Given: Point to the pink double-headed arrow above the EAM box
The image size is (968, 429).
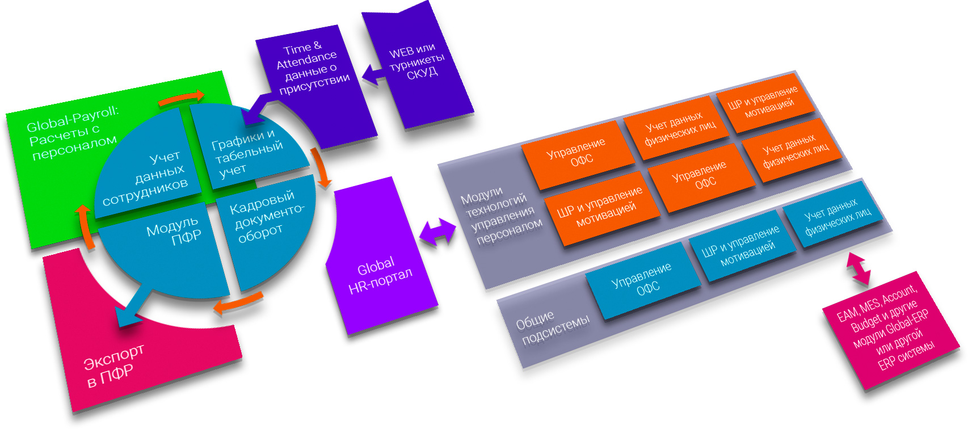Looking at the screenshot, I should (x=858, y=268).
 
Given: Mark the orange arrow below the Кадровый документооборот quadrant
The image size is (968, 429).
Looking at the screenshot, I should (x=238, y=303).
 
